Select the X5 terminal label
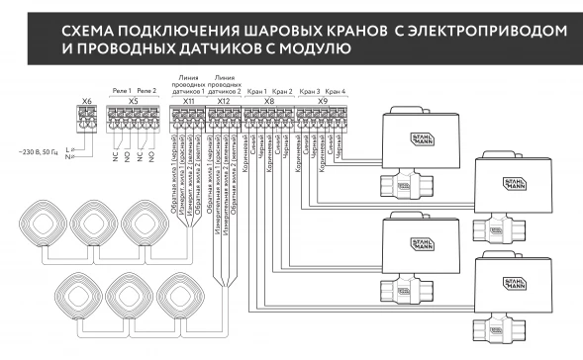tap(133, 101)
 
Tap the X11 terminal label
tap(189, 101)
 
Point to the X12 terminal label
tap(223, 101)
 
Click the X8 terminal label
tap(269, 101)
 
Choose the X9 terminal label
tap(323, 101)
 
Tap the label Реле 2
tap(146, 90)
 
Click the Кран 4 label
tap(336, 90)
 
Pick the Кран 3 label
tap(309, 90)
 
